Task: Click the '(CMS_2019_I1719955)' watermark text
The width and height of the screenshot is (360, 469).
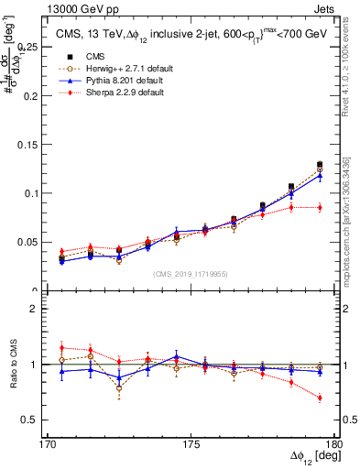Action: (191, 273)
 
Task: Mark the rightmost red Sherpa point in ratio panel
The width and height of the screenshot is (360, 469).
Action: (320, 398)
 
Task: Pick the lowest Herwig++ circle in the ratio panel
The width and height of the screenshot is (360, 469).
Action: (119, 388)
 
